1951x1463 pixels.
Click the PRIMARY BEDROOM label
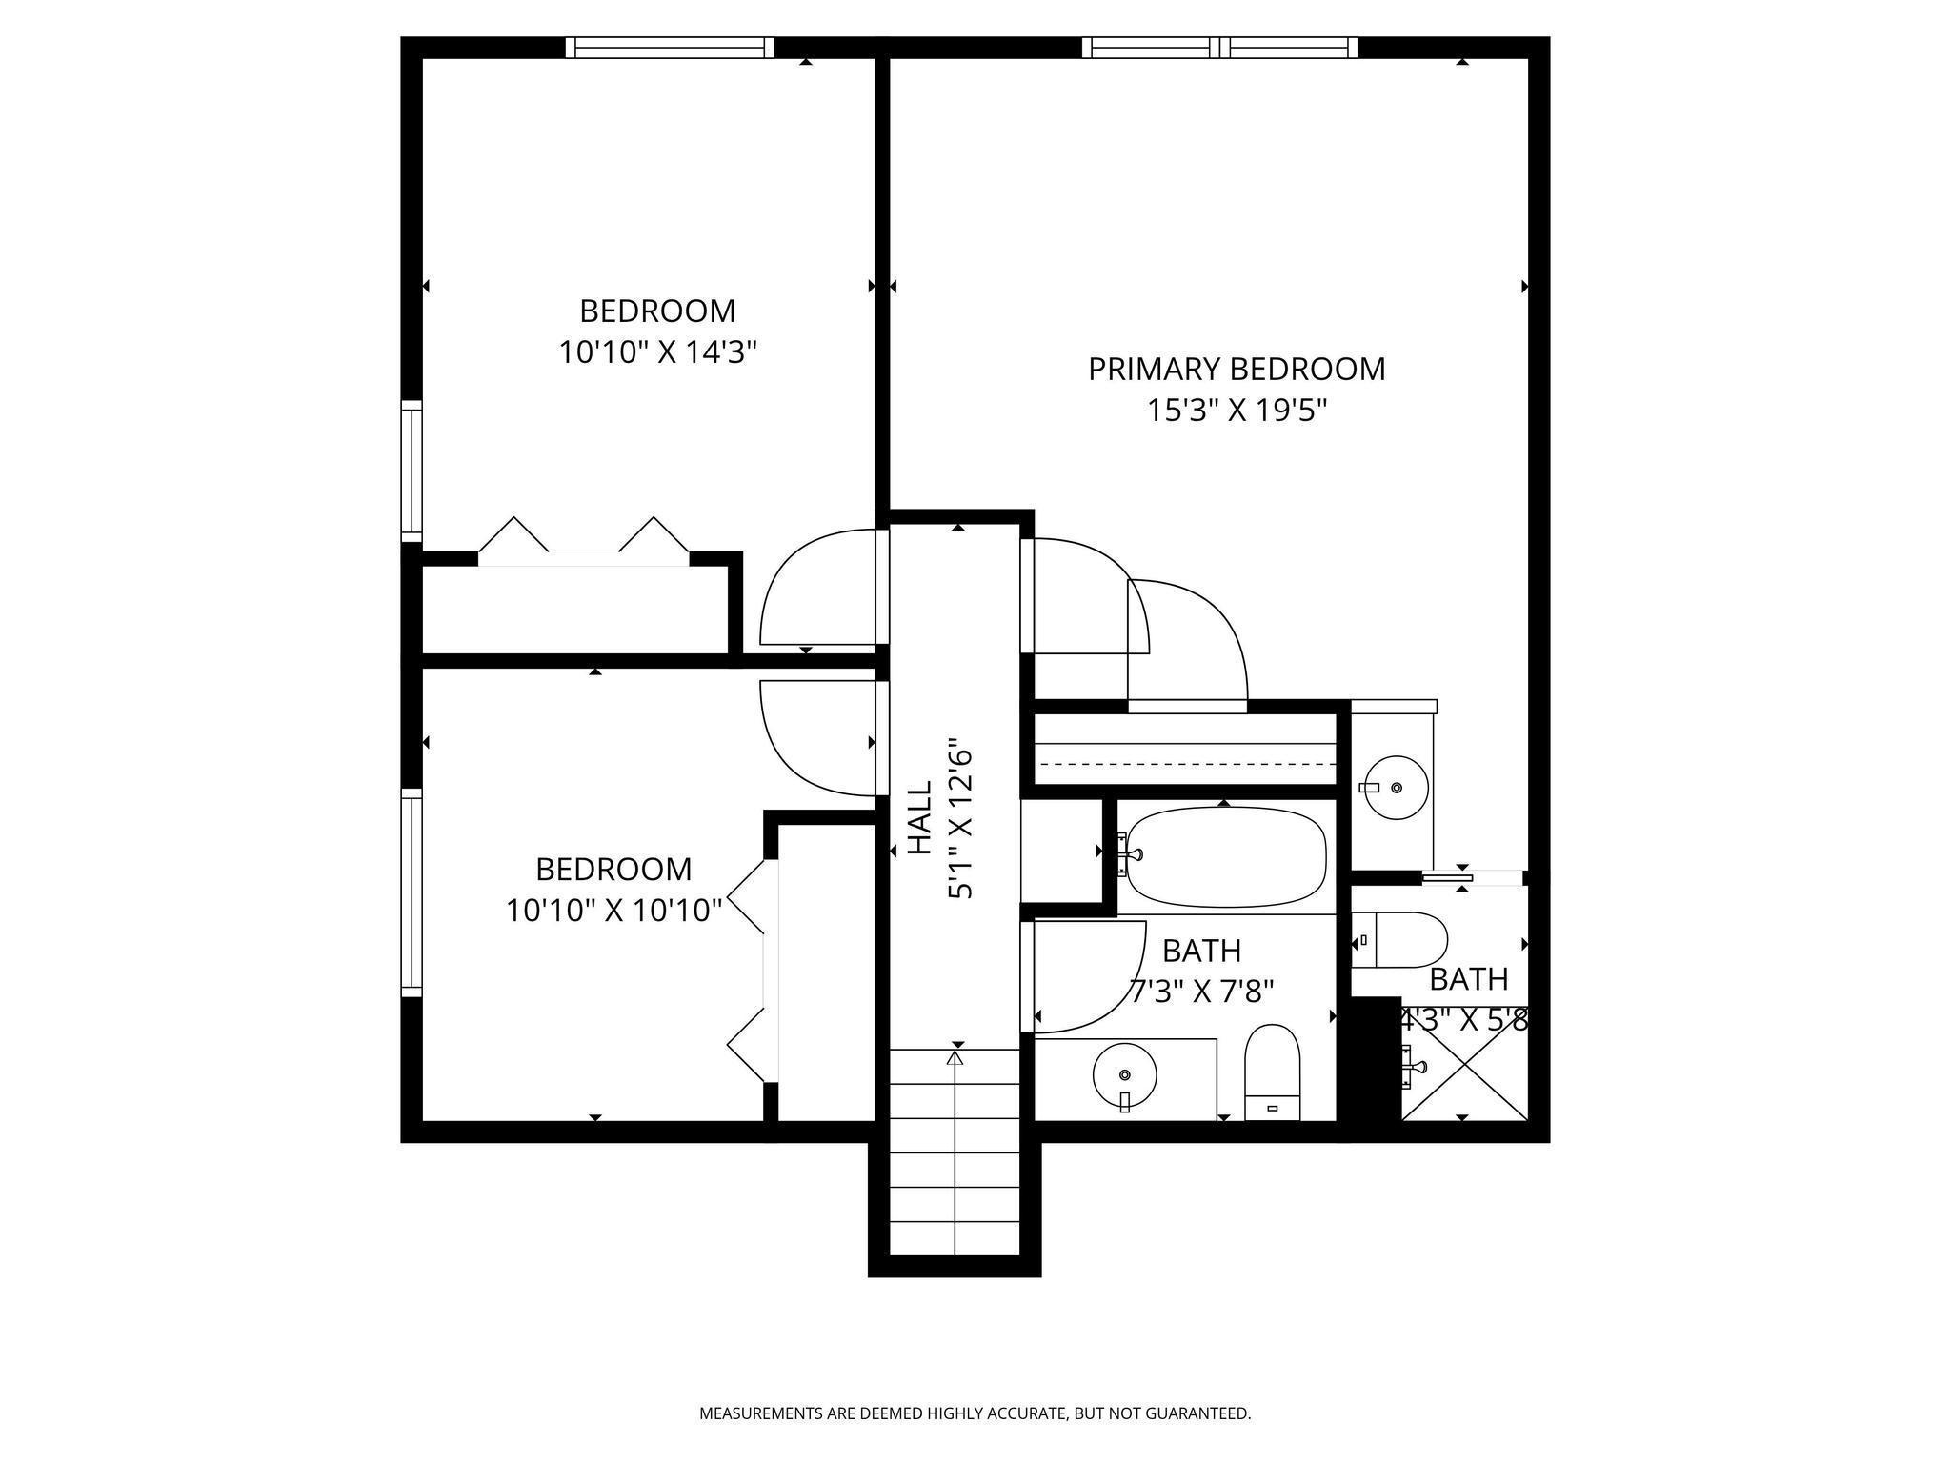tap(1237, 369)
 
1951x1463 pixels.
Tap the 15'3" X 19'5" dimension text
tap(1237, 411)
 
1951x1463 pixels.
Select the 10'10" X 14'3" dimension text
tap(657, 352)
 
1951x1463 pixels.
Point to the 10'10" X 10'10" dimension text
tap(613, 911)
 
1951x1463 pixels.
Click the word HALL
tap(918, 818)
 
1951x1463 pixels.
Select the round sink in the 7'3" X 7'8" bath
tap(1125, 1074)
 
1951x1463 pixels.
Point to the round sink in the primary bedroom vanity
tap(1395, 788)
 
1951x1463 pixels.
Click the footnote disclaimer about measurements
tap(975, 1413)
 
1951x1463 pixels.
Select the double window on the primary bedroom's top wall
tap(1219, 48)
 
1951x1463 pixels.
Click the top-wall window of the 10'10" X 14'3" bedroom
tap(669, 48)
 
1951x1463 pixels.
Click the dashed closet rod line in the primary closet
tap(1186, 764)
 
